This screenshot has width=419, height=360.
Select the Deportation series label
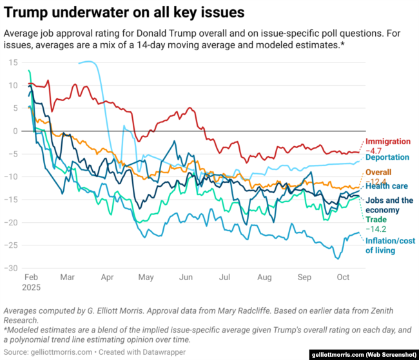pos(387,156)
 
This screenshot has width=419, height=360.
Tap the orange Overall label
pos(380,173)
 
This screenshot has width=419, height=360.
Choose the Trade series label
pos(376,220)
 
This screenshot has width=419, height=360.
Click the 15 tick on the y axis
pos(12,62)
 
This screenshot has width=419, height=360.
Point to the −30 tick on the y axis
pos(11,268)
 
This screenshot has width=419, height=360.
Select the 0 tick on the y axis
pos(15,131)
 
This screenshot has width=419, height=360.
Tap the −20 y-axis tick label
pos(11,222)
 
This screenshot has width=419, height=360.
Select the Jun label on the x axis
pos(186,278)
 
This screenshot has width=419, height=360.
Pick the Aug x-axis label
pos(264,278)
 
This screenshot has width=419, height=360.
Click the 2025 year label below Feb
pos(32,287)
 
